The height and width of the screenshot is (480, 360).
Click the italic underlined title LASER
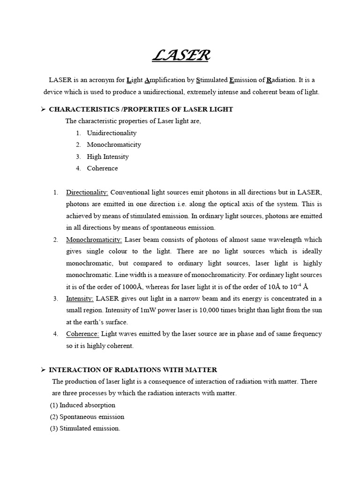point(181,56)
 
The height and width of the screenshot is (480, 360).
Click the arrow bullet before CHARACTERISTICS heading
point(43,109)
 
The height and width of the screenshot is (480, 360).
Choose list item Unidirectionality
point(112,133)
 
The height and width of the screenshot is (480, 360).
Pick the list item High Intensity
point(107,157)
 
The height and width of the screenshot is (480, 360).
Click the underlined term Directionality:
point(87,193)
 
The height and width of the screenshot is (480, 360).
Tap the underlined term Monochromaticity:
point(94,240)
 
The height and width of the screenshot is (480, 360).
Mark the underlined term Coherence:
point(82,334)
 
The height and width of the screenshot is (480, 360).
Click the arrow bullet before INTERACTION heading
point(43,370)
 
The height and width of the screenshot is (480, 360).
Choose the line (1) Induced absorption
point(82,405)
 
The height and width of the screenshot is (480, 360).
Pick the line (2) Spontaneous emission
point(87,417)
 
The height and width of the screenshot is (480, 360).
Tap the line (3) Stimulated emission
point(85,428)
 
